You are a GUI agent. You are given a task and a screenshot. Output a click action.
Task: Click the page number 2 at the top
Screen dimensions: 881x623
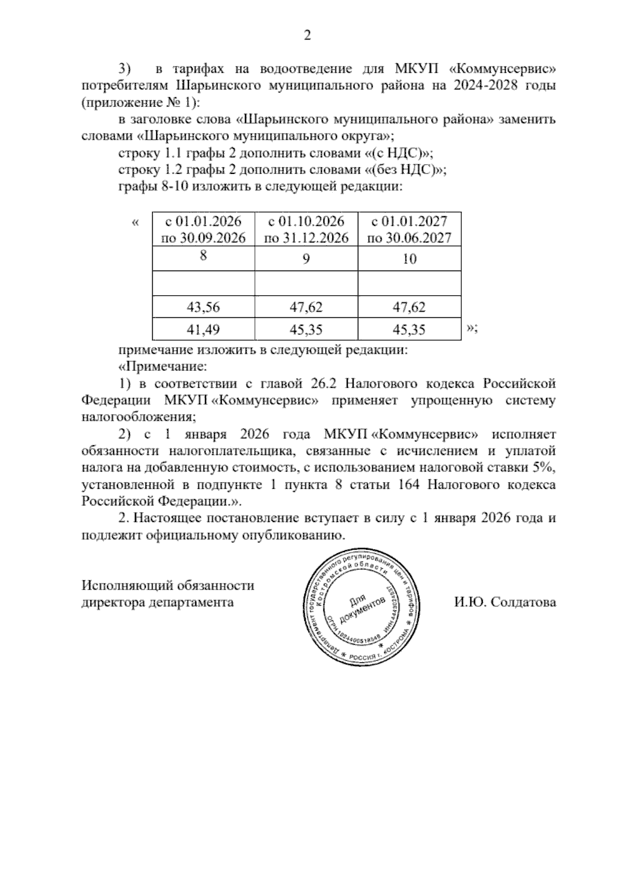pos(307,36)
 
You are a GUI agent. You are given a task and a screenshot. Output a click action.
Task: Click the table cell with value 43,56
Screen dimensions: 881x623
pos(204,308)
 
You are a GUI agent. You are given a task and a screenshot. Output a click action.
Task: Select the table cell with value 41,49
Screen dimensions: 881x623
pos(204,330)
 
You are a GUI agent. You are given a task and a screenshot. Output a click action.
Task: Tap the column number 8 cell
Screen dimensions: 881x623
pos(204,258)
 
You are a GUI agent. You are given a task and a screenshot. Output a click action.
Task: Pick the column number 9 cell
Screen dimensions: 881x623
pos(306,258)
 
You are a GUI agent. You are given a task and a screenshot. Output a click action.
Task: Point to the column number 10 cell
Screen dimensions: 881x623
pos(409,258)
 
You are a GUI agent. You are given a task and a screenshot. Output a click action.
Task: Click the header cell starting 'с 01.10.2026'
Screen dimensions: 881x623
pos(306,230)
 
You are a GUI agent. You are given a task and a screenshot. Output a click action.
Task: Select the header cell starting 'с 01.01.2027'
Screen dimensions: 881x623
pos(409,230)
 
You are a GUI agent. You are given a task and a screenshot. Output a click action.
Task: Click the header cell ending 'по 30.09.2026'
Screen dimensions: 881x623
pos(204,238)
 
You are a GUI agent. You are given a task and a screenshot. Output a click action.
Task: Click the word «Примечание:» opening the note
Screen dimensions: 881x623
pos(163,367)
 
